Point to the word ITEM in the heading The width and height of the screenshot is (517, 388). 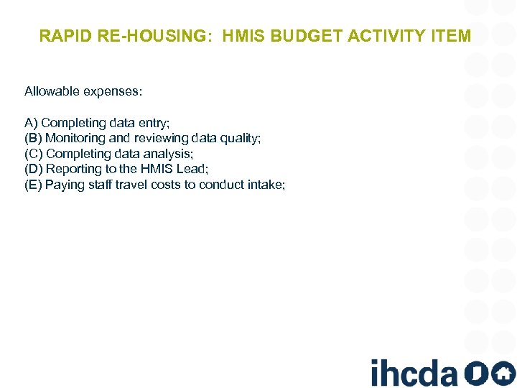450,35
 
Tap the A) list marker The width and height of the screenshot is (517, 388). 31,123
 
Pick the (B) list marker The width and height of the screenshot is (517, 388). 33,138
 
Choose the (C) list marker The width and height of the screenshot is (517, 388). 34,154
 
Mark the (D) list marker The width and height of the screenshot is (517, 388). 34,170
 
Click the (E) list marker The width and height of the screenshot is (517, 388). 33,185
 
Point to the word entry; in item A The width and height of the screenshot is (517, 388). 154,123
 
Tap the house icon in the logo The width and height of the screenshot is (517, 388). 503,373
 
